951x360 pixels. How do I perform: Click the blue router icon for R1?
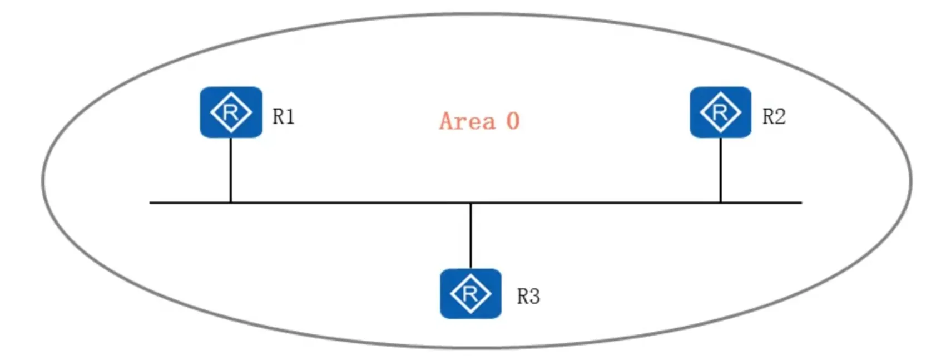[231, 112]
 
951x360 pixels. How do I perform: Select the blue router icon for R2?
[720, 112]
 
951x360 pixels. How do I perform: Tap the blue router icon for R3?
[470, 293]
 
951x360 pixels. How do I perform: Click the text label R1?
[283, 116]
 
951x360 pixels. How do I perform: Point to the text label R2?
[774, 116]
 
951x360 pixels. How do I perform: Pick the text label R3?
[528, 296]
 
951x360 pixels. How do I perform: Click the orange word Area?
[467, 121]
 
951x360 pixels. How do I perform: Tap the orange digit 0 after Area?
[513, 121]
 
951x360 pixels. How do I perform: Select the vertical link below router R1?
[230, 170]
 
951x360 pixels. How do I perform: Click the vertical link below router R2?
[720, 170]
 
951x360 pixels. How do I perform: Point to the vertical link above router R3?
[470, 236]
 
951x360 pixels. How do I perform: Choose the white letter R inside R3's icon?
[470, 294]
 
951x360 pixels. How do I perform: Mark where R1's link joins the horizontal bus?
[230, 203]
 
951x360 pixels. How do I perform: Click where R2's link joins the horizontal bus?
[720, 203]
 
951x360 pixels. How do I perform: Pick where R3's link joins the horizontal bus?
[470, 203]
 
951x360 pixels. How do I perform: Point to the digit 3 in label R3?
[534, 296]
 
